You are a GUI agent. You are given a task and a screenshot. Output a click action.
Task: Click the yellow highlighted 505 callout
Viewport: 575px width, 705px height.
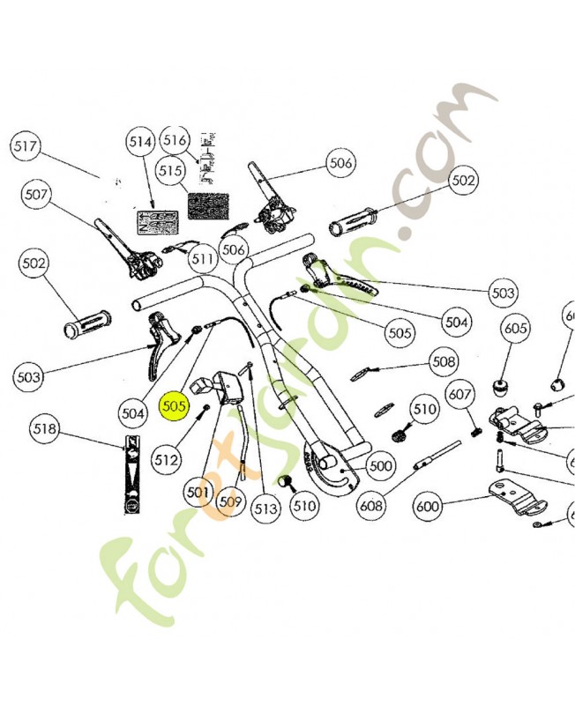pyautogui.click(x=174, y=407)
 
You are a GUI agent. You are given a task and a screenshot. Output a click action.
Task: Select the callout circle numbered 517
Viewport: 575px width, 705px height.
pyautogui.click(x=27, y=147)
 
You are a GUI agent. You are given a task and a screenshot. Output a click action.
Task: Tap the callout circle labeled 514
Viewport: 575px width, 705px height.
pyautogui.click(x=140, y=143)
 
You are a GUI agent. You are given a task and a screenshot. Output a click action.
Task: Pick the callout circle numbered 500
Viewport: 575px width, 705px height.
pyautogui.click(x=379, y=465)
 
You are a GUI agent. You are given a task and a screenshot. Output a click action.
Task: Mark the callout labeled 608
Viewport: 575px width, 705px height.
pyautogui.click(x=371, y=506)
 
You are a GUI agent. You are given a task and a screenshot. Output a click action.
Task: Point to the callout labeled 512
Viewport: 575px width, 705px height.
pyautogui.click(x=166, y=458)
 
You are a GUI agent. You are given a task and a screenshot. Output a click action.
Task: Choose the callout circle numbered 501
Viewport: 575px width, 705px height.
pyautogui.click(x=199, y=492)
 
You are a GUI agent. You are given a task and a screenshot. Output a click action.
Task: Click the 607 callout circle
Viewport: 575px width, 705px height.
pyautogui.click(x=460, y=394)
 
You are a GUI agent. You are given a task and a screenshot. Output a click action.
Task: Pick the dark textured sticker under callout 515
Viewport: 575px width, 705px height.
pyautogui.click(x=207, y=206)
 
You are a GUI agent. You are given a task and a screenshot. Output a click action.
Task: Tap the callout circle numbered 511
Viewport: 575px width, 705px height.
pyautogui.click(x=204, y=259)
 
